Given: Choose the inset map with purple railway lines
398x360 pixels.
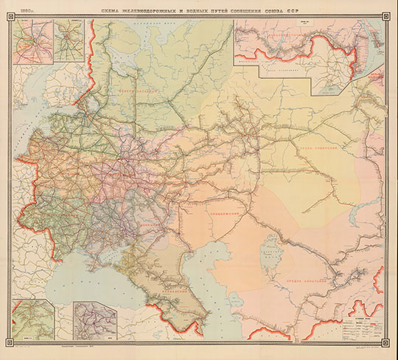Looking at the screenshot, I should (91, 319).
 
